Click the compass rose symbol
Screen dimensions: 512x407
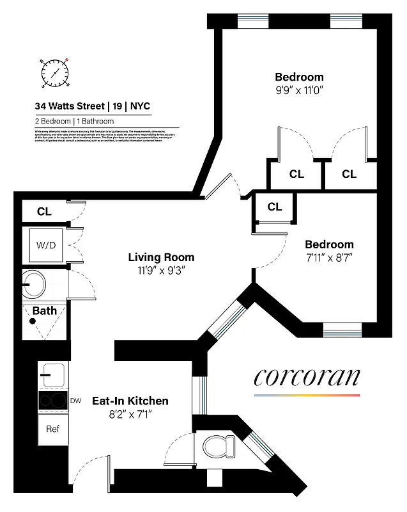[55, 72]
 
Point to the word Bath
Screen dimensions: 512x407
[45, 311]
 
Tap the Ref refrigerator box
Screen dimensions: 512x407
[52, 428]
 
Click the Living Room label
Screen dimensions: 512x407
[161, 257]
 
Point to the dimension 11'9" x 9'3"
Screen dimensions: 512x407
[161, 271]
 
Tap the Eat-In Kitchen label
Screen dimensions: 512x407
[130, 401]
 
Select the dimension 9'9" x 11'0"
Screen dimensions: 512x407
[299, 91]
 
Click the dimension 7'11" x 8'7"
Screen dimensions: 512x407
[329, 258]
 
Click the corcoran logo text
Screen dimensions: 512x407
[307, 377]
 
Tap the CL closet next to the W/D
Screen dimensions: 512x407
[44, 211]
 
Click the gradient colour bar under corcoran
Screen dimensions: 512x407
[307, 396]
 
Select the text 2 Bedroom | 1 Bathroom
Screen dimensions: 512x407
[74, 121]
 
